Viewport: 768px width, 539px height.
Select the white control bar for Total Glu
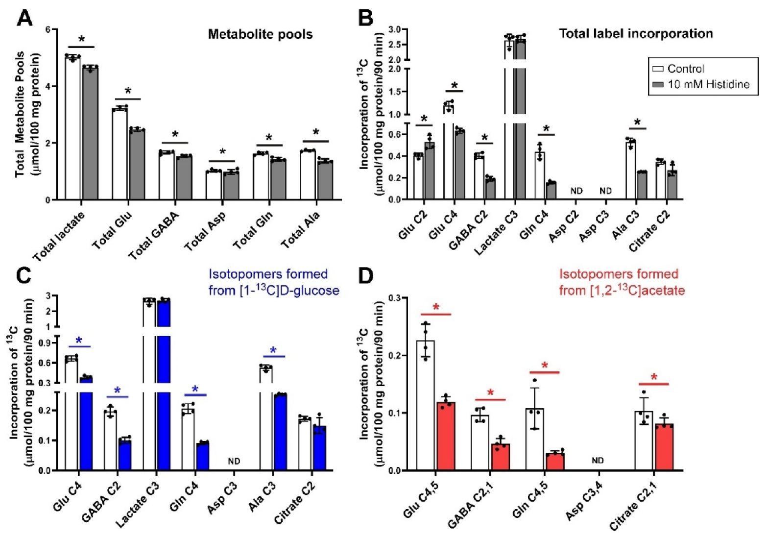click(x=120, y=154)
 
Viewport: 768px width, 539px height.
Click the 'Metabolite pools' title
click(x=260, y=34)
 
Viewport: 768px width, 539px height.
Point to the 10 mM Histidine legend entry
click(x=708, y=84)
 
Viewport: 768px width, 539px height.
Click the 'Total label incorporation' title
click(x=636, y=33)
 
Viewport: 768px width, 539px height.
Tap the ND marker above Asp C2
click(x=576, y=191)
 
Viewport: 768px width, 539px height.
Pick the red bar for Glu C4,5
click(x=446, y=436)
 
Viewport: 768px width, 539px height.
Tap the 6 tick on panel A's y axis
click(x=48, y=29)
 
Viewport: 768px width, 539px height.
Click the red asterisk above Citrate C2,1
click(x=653, y=378)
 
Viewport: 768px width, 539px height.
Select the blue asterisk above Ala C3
click(x=273, y=350)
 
